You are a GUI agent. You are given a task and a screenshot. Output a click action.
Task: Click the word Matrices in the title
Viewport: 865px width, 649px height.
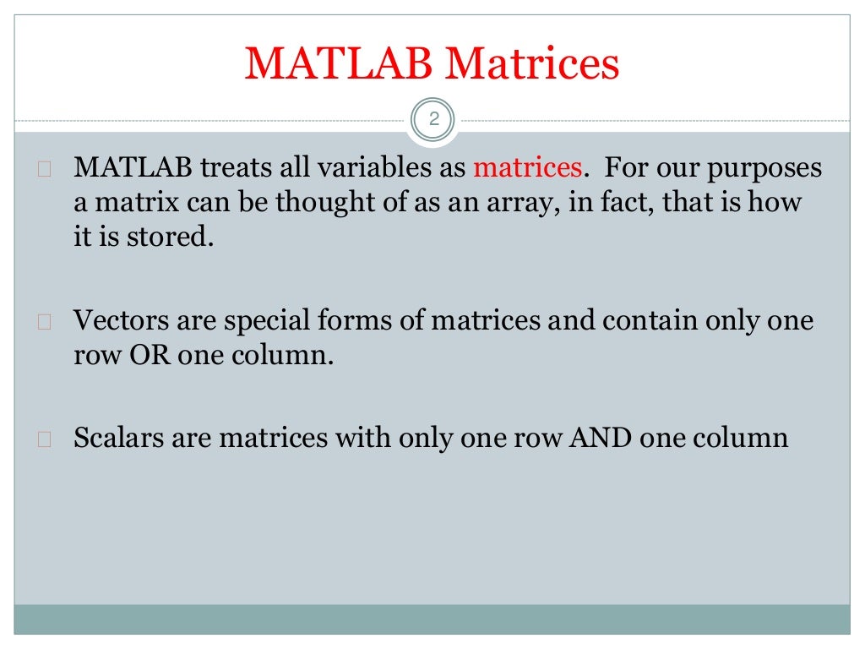[x=534, y=65]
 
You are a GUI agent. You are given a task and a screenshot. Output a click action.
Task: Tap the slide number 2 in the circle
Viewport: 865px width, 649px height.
[x=434, y=119]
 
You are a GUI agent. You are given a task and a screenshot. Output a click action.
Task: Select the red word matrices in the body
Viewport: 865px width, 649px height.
[x=527, y=167]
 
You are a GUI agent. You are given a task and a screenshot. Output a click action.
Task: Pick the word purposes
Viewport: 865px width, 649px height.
[x=769, y=169]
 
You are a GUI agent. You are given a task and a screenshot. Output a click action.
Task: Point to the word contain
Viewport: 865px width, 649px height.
[x=667, y=321]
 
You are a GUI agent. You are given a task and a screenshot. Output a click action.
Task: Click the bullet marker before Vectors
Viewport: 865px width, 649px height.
[x=46, y=322]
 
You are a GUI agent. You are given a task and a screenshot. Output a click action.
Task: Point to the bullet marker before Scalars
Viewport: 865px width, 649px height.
[x=46, y=439]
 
